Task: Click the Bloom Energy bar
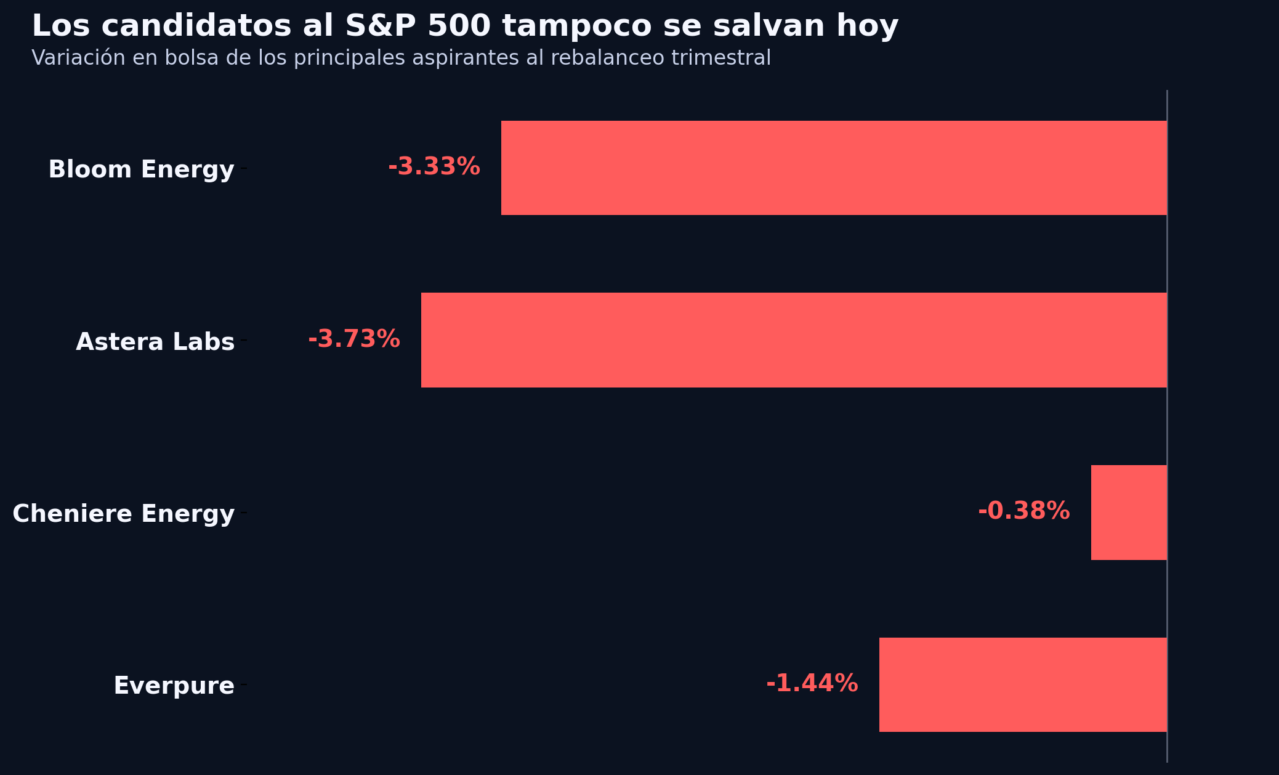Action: [x=834, y=168]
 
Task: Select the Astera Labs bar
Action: [x=794, y=340]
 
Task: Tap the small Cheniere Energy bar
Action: [x=1129, y=513]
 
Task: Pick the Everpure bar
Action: [x=1023, y=684]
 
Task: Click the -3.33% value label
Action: [x=434, y=167]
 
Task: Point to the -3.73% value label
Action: [x=354, y=339]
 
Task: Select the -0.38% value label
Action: [x=1024, y=511]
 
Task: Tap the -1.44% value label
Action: [x=812, y=684]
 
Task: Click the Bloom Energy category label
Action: [x=142, y=169]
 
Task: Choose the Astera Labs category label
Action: [x=155, y=342]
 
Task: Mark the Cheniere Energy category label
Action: [x=124, y=514]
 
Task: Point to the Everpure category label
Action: [x=174, y=686]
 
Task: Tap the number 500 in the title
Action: [x=459, y=26]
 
